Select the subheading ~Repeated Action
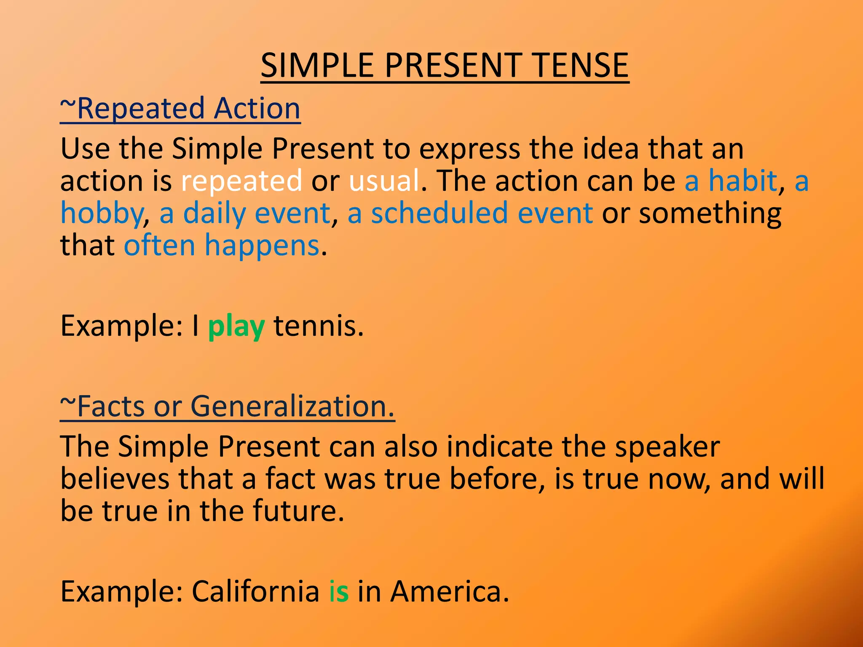[180, 109]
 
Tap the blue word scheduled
[439, 213]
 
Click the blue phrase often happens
[222, 246]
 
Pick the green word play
[236, 327]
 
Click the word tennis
[318, 326]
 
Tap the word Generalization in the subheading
[292, 407]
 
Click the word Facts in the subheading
[111, 407]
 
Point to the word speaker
[667, 447]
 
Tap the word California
[255, 591]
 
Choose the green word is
[339, 591]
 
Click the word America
[449, 591]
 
